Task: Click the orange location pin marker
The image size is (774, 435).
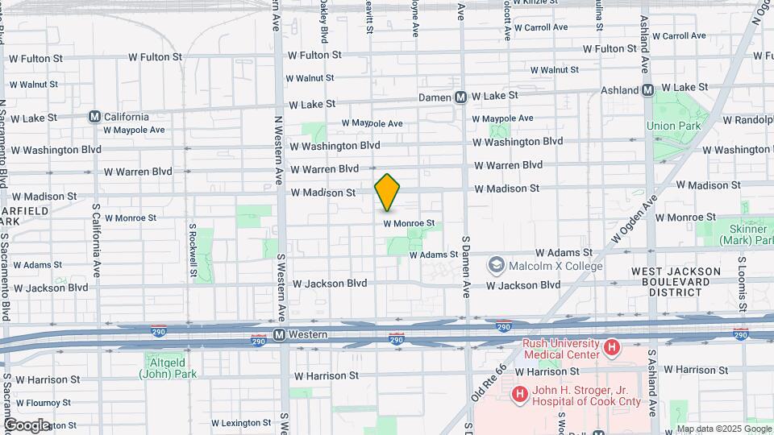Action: point(388,192)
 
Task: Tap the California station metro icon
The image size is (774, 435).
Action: point(95,117)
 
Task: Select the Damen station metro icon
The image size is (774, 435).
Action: point(460,97)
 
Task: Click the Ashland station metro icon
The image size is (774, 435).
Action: point(647,90)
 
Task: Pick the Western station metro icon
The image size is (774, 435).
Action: point(279,334)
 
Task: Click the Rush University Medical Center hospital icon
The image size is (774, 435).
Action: point(612,348)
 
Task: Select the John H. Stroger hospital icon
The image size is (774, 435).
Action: point(520,395)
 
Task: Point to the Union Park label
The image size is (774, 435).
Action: point(671,126)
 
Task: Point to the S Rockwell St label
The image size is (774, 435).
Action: point(193,250)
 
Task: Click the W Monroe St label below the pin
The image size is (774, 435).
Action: point(409,223)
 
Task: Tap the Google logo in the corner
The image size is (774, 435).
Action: point(27,425)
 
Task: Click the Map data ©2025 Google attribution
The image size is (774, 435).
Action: point(722,428)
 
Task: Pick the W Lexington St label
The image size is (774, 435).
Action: point(241,423)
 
